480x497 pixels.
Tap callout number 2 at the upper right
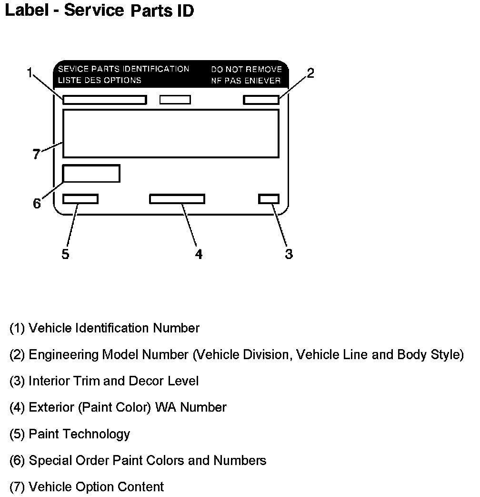[x=310, y=73]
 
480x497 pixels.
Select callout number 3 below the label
[x=289, y=254]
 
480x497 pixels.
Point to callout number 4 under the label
[x=199, y=254]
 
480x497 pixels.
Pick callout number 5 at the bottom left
[x=65, y=254]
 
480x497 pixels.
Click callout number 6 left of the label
[x=37, y=204]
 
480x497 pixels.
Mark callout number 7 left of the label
[x=37, y=155]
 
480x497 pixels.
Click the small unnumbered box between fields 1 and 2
[x=175, y=100]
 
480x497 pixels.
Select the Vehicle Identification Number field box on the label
[x=104, y=100]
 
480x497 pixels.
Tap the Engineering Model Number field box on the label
[x=261, y=100]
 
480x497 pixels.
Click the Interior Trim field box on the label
[x=269, y=199]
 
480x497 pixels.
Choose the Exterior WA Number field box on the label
[x=177, y=199]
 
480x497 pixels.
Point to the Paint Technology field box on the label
[x=80, y=199]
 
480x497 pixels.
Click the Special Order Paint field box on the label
[x=91, y=173]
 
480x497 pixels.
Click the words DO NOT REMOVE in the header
[x=247, y=70]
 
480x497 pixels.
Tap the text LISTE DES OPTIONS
[x=100, y=81]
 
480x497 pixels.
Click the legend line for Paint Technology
[x=70, y=434]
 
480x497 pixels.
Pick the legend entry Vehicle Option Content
[x=87, y=487]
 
